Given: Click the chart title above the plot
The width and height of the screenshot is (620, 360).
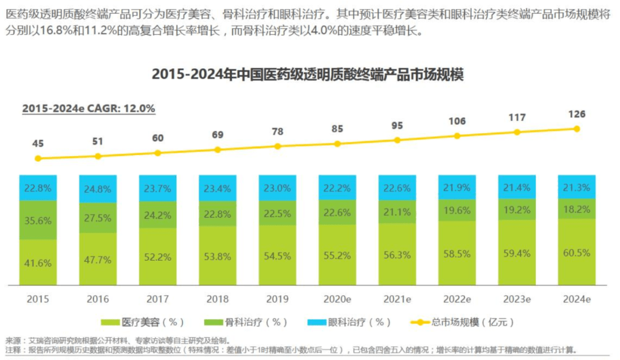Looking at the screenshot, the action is coord(307,75).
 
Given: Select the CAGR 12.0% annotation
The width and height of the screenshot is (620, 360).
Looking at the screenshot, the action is coord(88,109).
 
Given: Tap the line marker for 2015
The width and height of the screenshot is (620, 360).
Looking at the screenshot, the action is coord(38,158).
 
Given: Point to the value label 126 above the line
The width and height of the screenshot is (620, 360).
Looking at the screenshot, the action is coord(576,114).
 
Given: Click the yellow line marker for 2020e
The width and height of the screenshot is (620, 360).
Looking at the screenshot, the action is coord(338,144).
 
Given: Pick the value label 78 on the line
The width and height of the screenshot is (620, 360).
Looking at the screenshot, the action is coord(278,131).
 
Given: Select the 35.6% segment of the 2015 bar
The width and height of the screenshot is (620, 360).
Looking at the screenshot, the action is coord(38,220).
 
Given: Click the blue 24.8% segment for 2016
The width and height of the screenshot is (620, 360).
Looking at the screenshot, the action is coord(98,189).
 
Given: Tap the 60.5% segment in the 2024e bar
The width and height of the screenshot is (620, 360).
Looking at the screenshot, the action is coord(576,251).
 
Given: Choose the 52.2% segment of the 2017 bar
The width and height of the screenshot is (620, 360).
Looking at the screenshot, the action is coord(158,256).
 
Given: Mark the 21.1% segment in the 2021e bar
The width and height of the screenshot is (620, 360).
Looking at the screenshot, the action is coord(397,212).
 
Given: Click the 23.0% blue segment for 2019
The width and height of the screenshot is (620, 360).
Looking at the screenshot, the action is coord(278,188).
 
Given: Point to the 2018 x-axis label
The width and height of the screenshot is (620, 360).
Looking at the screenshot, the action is coord(218,299).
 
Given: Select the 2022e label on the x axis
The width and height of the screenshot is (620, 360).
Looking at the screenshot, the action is coord(457,299).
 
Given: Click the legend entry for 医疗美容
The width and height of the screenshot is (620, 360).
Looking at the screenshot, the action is coord(142,323).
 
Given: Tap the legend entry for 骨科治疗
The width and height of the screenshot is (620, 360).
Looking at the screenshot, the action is coord(246,323).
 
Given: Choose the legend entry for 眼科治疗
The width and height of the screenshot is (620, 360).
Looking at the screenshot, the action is coord(349,323).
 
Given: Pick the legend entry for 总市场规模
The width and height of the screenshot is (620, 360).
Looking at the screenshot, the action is coord(462,323).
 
